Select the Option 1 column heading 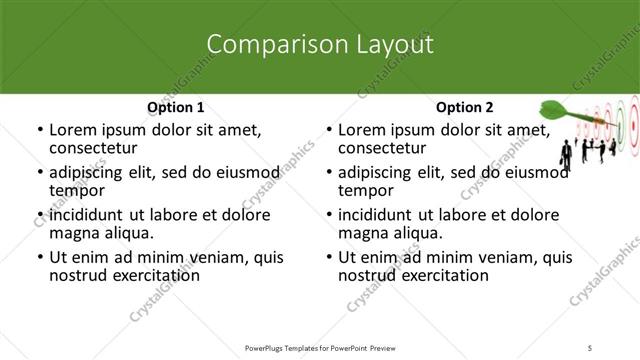[x=176, y=107]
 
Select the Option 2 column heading [x=465, y=107]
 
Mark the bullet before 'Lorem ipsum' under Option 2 [x=328, y=131]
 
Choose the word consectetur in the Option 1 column [x=97, y=149]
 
